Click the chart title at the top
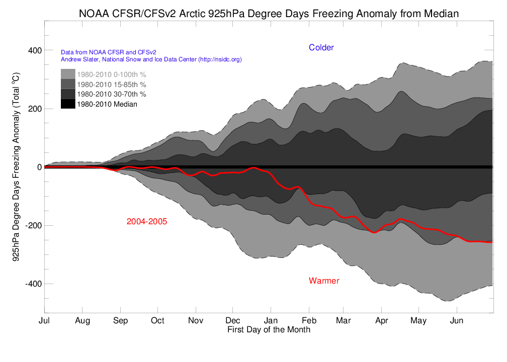(269, 14)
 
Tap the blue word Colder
(321, 48)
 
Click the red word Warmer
(324, 281)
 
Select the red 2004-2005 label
(147, 221)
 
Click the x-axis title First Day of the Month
(269, 330)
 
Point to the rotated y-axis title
(16, 167)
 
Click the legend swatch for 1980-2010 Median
(68, 104)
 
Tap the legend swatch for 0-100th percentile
(68, 74)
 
